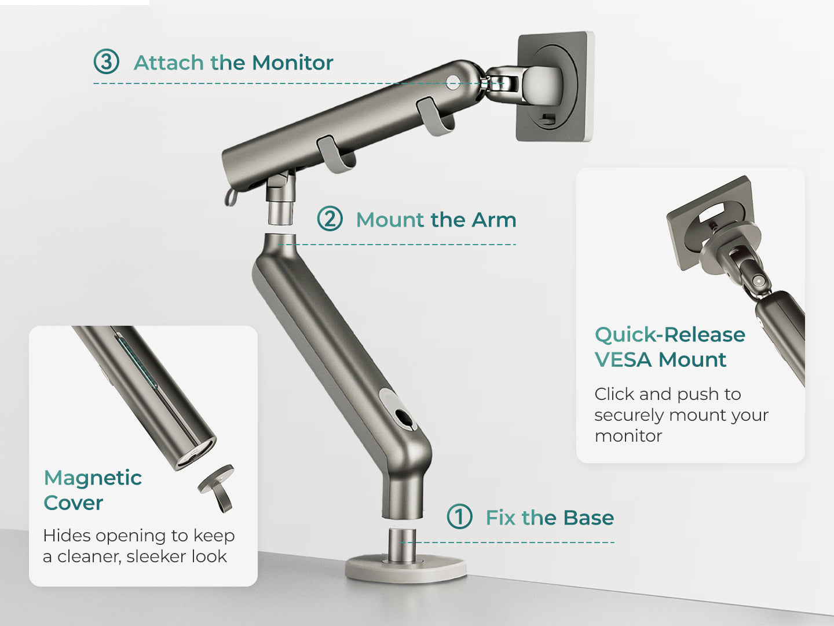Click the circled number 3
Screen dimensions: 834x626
tap(107, 61)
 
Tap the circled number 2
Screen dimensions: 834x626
tap(330, 219)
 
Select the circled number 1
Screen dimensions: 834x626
tap(459, 516)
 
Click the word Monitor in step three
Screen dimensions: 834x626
tap(292, 63)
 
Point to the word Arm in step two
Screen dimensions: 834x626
tap(493, 220)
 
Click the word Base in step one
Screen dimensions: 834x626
tap(588, 518)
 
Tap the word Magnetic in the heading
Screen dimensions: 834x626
tap(93, 479)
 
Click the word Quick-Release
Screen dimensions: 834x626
tap(670, 335)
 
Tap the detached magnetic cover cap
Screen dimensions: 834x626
tap(217, 487)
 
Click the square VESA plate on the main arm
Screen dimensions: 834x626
tap(555, 87)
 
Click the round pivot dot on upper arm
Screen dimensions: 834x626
tap(453, 82)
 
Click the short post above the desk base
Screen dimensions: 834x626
tap(401, 545)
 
